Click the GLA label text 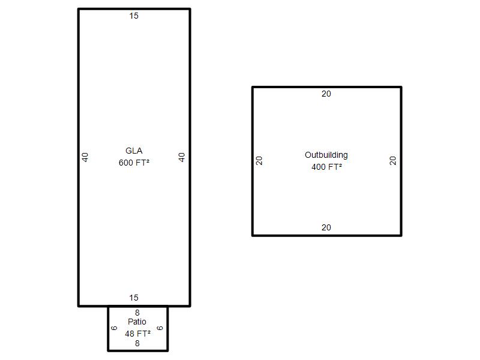(x=134, y=151)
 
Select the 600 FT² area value (x=134, y=162)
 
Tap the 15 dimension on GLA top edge (x=134, y=16)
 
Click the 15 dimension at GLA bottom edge (x=134, y=298)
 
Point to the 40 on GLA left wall (x=85, y=157)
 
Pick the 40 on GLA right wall (x=182, y=157)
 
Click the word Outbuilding (x=326, y=155)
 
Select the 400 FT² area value (x=326, y=167)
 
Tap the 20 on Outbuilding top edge (x=326, y=94)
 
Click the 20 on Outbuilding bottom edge (x=326, y=227)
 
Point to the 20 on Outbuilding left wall (x=259, y=161)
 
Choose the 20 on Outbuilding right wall (x=393, y=161)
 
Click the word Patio (x=137, y=322)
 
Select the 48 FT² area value (x=137, y=333)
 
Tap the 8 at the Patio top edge (x=137, y=313)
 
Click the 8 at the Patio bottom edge (x=137, y=344)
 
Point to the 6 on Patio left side (x=114, y=328)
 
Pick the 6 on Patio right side (x=160, y=328)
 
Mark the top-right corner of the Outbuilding (x=401, y=88)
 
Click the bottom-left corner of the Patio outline (x=109, y=350)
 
